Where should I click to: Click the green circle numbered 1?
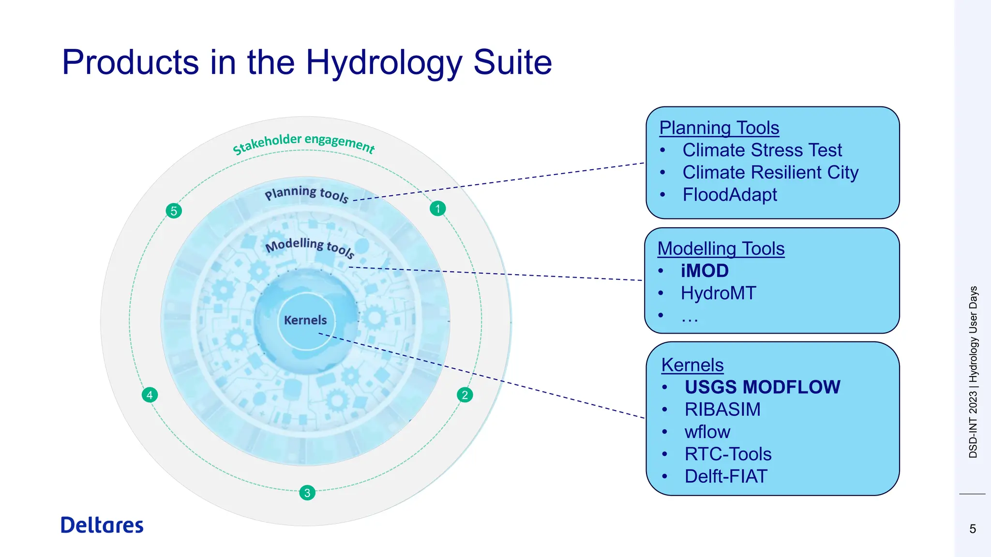[437, 208]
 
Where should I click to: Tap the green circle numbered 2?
[465, 395]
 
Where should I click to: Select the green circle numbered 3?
[307, 493]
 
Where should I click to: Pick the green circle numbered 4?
[150, 395]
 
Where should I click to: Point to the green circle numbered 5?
[174, 211]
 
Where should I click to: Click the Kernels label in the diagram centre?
[305, 320]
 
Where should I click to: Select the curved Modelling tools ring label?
[310, 246]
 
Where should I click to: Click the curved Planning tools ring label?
[306, 194]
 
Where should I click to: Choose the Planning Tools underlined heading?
[719, 128]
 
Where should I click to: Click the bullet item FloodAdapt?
[729, 195]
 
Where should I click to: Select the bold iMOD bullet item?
[705, 271]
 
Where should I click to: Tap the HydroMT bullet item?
[718, 293]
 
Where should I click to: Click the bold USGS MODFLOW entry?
[762, 387]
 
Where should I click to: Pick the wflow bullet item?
[707, 432]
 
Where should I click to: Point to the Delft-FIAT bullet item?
[726, 476]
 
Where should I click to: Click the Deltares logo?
[102, 525]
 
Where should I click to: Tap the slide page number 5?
[973, 528]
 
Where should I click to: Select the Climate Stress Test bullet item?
[762, 150]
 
